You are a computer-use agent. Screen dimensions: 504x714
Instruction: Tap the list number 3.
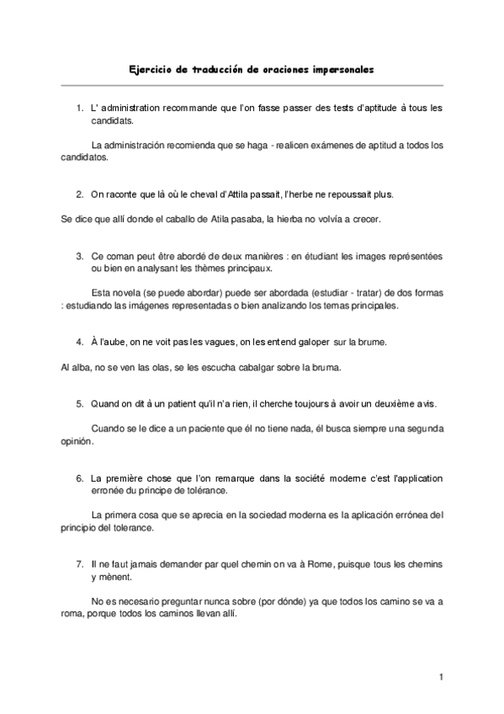pyautogui.click(x=78, y=255)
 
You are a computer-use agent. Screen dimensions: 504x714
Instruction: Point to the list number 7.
pyautogui.click(x=78, y=562)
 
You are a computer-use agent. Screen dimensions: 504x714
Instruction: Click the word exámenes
pyautogui.click(x=313, y=146)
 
